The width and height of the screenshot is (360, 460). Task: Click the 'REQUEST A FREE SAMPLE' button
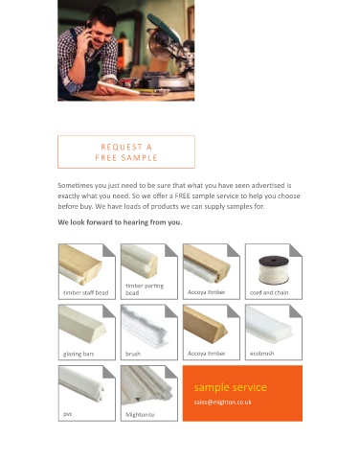pyautogui.click(x=126, y=151)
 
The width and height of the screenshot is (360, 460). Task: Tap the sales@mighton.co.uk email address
pyautogui.click(x=222, y=402)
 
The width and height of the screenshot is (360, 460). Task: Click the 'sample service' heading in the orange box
pyautogui.click(x=230, y=387)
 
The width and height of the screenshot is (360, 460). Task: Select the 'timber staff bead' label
pyautogui.click(x=86, y=292)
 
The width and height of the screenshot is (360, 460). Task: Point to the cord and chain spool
pyautogui.click(x=274, y=270)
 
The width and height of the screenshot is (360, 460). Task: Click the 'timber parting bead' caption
pyautogui.click(x=145, y=289)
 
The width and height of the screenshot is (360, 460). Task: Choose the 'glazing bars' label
pyautogui.click(x=79, y=354)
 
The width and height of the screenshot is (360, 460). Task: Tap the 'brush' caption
pyautogui.click(x=133, y=354)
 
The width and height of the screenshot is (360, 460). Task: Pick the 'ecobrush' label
pyautogui.click(x=261, y=354)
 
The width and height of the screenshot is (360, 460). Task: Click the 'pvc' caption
pyautogui.click(x=68, y=414)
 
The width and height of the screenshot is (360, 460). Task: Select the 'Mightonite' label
pyautogui.click(x=140, y=415)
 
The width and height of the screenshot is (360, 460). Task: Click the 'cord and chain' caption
pyautogui.click(x=269, y=292)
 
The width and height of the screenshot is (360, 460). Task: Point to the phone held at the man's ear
pyautogui.click(x=88, y=30)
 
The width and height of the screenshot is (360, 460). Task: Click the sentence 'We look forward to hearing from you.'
pyautogui.click(x=120, y=222)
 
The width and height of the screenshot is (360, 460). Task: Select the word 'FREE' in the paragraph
pyautogui.click(x=182, y=195)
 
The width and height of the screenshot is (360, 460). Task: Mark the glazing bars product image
pyautogui.click(x=82, y=325)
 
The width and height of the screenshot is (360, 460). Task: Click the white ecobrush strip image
pyautogui.click(x=269, y=324)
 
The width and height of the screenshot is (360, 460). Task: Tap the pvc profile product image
pyautogui.click(x=82, y=384)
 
